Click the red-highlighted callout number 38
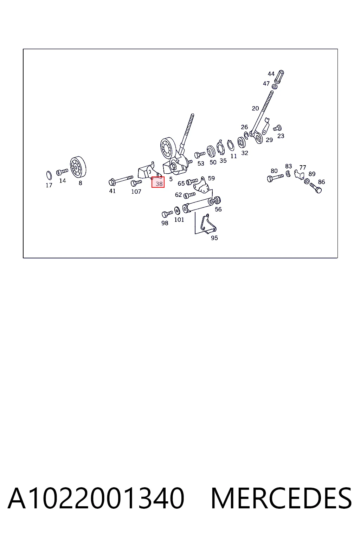(159, 184)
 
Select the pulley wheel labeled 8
(78, 167)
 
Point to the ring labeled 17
(49, 175)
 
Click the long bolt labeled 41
(121, 180)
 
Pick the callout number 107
(136, 192)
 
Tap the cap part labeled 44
(279, 77)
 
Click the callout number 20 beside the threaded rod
(255, 109)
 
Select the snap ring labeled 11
(231, 145)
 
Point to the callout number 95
(214, 238)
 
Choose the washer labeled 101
(177, 211)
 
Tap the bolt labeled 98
(167, 214)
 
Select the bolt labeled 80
(275, 178)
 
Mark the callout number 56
(218, 209)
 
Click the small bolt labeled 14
(62, 172)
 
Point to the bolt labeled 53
(200, 155)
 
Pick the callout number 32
(244, 153)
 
